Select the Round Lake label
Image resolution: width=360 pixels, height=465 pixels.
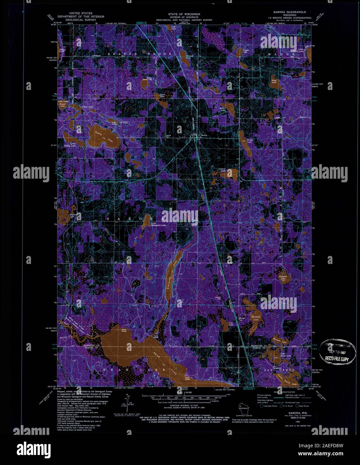pyautogui.click(x=63, y=105)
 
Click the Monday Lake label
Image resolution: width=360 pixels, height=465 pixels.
pyautogui.click(x=256, y=318)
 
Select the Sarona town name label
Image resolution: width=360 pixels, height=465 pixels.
pyautogui.click(x=204, y=135)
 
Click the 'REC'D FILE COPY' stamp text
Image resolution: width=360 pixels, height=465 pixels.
pyautogui.click(x=336, y=359)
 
